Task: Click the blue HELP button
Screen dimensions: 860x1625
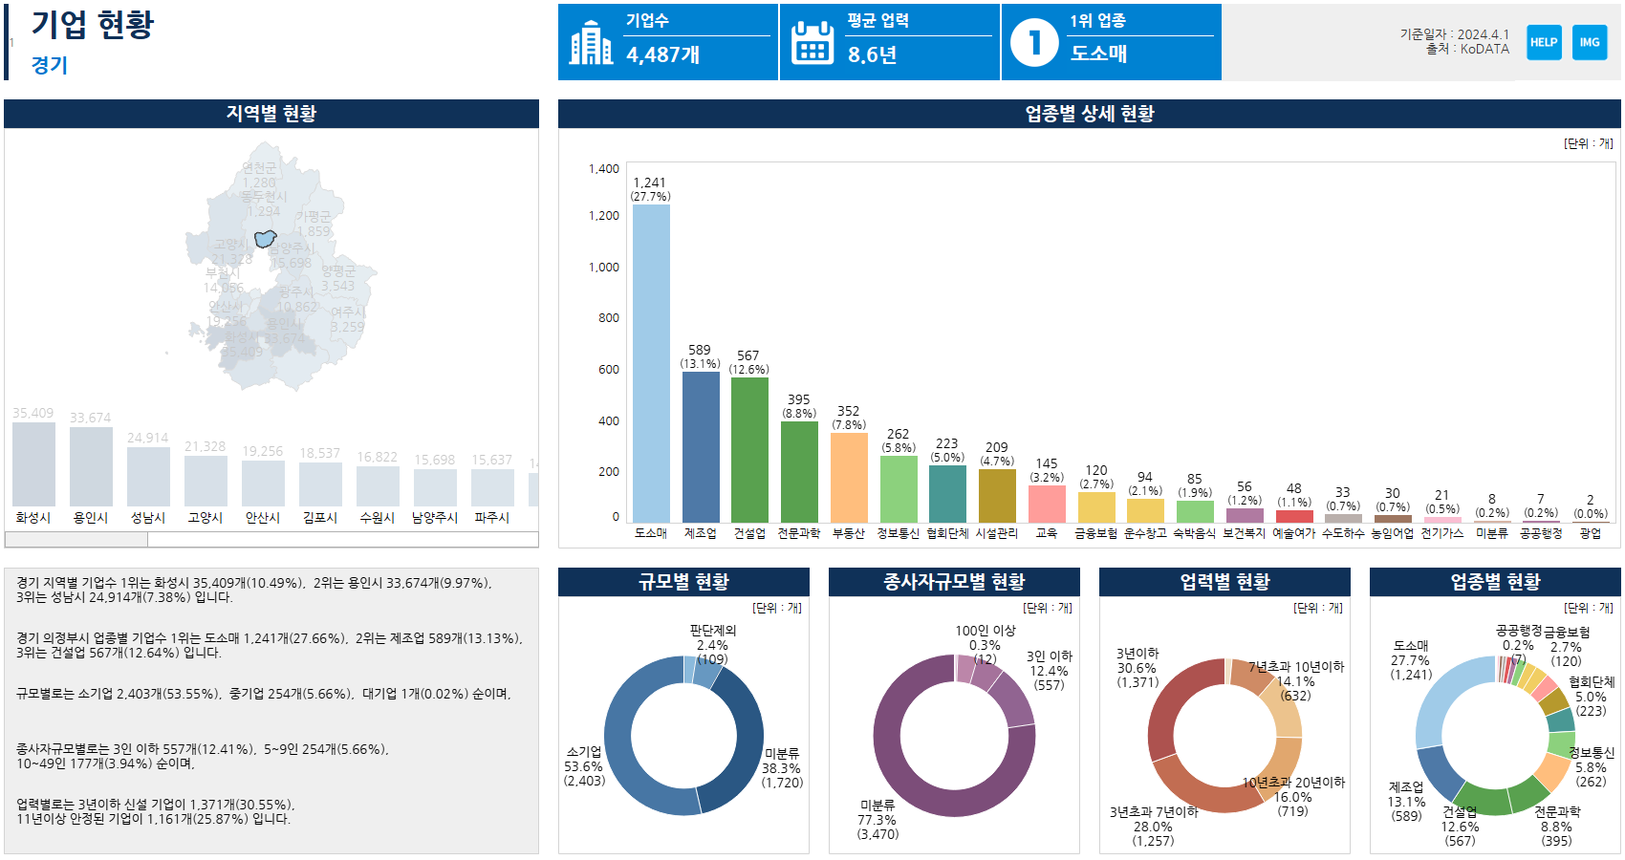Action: coord(1544,42)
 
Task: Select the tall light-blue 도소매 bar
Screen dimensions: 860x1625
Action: coord(651,363)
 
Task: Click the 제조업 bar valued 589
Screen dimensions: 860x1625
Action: coord(701,446)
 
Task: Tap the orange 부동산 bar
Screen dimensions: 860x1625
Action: coord(849,477)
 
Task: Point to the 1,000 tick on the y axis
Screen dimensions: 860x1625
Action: coord(604,268)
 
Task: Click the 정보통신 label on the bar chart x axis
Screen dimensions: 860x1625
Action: coord(898,533)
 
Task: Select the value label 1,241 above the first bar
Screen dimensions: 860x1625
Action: coord(649,183)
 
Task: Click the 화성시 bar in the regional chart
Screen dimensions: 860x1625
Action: coord(33,463)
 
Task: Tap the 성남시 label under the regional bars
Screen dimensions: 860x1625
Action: coord(148,518)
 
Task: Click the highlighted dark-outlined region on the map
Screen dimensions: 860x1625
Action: coord(265,238)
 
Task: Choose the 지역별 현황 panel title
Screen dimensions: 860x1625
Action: coord(271,114)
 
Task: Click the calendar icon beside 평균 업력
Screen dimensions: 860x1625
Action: coord(812,43)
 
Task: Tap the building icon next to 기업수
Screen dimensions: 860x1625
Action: coord(591,43)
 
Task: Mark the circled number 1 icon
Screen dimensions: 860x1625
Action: coord(1034,43)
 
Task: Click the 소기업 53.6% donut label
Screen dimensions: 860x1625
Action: coord(584,766)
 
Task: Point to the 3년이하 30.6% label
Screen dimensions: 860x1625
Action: coord(1137,668)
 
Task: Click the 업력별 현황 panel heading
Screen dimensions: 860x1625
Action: coord(1224,582)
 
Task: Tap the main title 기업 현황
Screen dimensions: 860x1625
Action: coord(92,25)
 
